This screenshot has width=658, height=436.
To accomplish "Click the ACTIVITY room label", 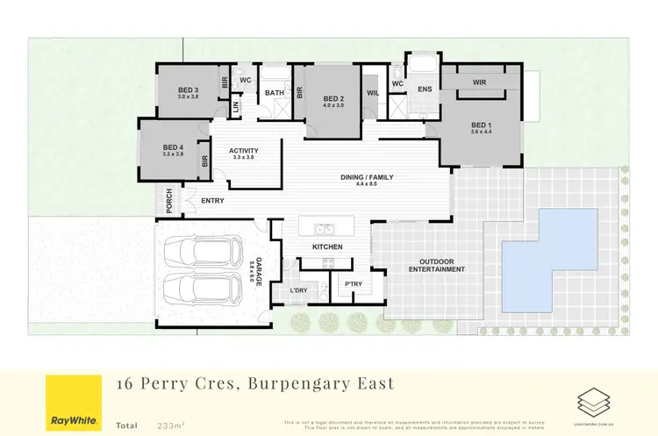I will point(243,151).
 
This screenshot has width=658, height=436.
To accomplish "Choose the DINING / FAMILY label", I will point(367,177).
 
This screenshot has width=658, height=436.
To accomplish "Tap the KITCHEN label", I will point(326,247).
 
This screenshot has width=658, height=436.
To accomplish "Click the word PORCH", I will point(170,201).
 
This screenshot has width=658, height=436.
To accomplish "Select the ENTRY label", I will point(212,201).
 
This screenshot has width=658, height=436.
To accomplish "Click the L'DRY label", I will point(297,289).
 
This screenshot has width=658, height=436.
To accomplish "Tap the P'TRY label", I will point(354,283).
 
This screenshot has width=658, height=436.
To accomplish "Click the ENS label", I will point(425,89).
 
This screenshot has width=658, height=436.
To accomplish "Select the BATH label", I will point(275,92).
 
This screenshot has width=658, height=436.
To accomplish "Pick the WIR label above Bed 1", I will point(479,82).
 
